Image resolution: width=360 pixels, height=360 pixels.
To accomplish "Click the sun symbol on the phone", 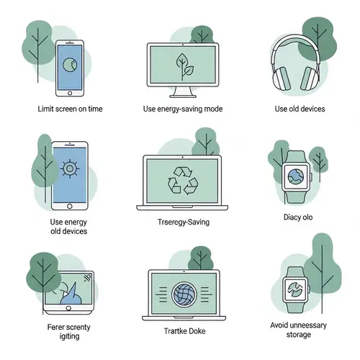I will pos(70,169).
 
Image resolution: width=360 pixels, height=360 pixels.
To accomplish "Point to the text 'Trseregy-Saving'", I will pos(183,222).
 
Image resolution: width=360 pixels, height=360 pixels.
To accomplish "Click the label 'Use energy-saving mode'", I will pos(181,109).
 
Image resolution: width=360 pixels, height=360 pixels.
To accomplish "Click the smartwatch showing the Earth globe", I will pos(295,175).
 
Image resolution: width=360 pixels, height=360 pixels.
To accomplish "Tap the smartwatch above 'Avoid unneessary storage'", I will pos(295,287).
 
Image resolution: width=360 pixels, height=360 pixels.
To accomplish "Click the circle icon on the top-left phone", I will pos(70,65).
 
